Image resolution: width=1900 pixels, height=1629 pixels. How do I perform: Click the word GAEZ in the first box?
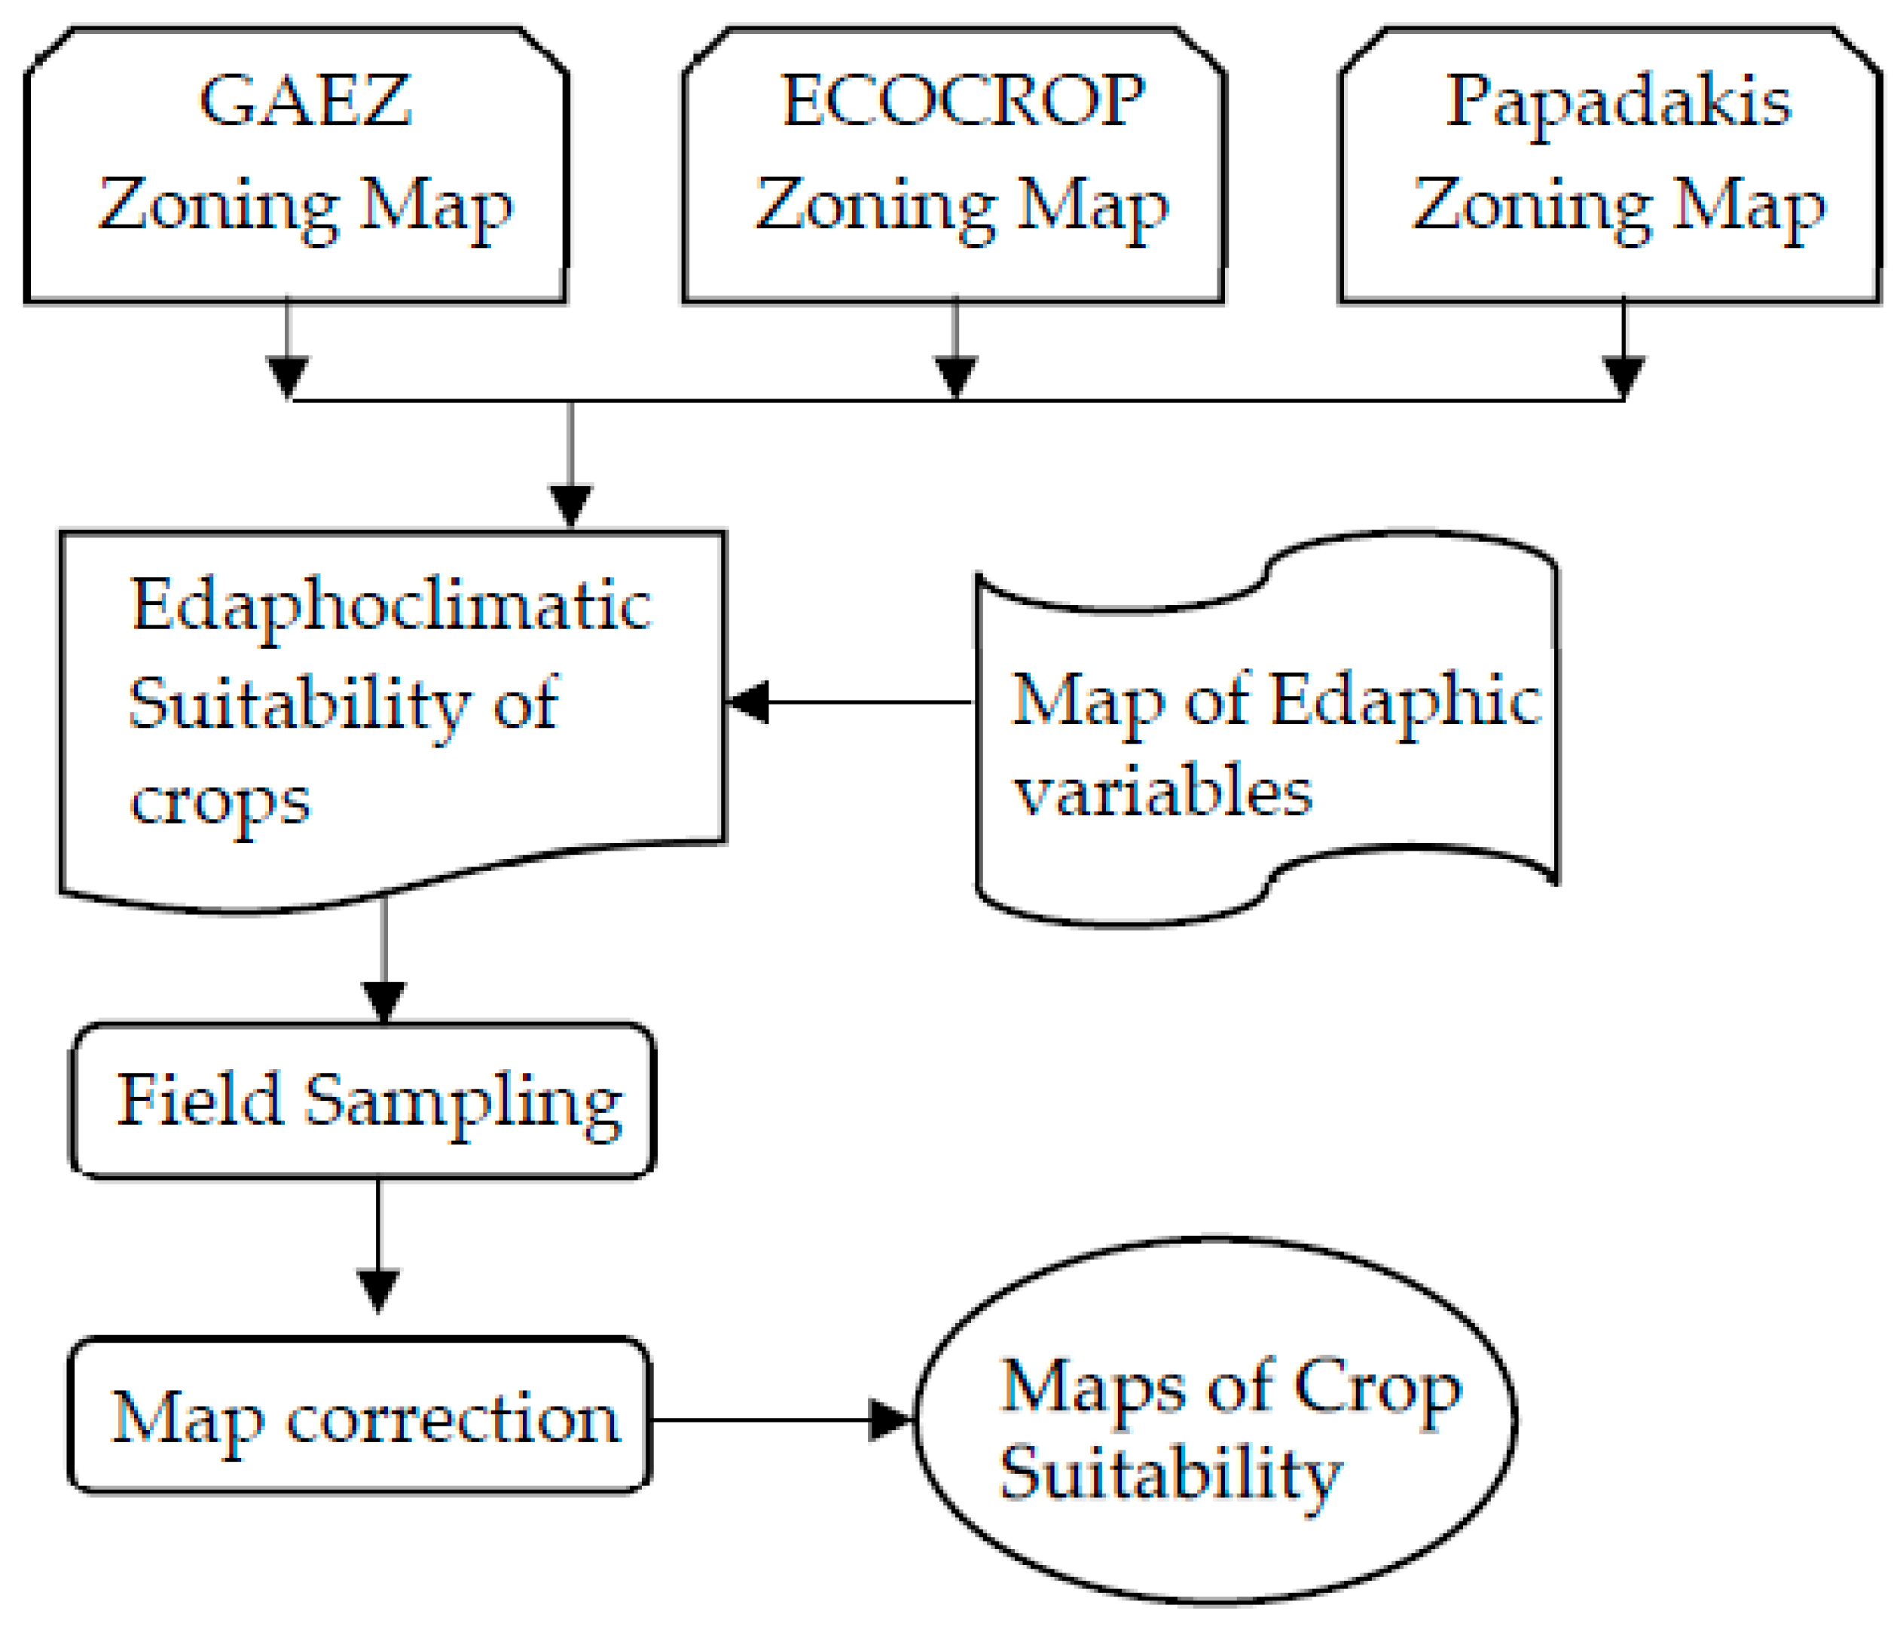click(304, 101)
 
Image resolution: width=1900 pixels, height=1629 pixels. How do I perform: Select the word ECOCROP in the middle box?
click(962, 101)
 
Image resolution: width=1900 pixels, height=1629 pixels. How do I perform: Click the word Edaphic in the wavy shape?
click(1407, 701)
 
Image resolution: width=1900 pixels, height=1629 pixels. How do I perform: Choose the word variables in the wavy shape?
click(1162, 792)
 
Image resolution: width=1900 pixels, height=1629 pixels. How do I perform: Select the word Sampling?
click(463, 1102)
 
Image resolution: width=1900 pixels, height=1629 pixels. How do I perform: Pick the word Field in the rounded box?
click(199, 1100)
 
